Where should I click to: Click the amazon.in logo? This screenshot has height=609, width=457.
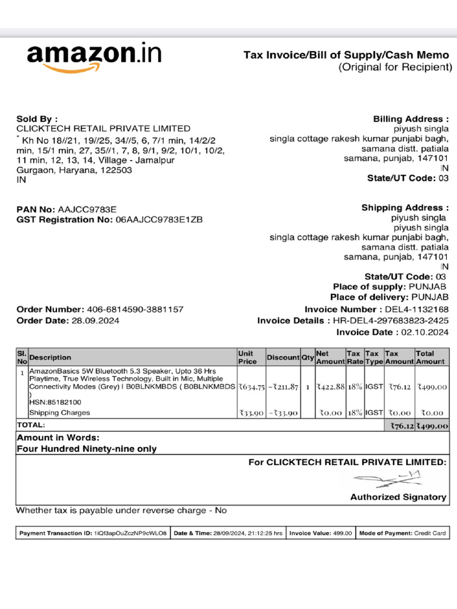pyautogui.click(x=94, y=56)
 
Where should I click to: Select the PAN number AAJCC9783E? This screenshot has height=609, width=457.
pyautogui.click(x=87, y=210)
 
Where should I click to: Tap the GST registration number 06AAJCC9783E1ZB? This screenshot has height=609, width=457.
pyautogui.click(x=159, y=219)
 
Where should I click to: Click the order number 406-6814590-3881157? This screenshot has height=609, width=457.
pyautogui.click(x=135, y=310)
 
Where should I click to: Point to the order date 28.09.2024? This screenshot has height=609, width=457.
pyautogui.click(x=95, y=321)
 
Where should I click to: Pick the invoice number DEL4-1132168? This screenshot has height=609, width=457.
pyautogui.click(x=417, y=310)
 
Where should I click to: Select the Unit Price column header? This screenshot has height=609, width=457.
pyautogui.click(x=248, y=357)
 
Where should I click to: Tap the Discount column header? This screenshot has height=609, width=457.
pyautogui.click(x=283, y=357)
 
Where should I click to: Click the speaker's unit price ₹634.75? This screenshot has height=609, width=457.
pyautogui.click(x=251, y=387)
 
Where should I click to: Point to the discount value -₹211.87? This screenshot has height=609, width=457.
pyautogui.click(x=283, y=387)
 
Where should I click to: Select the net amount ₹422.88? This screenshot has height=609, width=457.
pyautogui.click(x=330, y=387)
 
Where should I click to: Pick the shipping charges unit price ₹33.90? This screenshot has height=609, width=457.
pyautogui.click(x=251, y=413)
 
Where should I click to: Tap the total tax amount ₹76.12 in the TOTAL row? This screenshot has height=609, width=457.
pyautogui.click(x=401, y=426)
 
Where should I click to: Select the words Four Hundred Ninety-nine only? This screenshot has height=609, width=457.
pyautogui.click(x=87, y=449)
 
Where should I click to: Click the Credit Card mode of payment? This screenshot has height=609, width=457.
pyautogui.click(x=430, y=533)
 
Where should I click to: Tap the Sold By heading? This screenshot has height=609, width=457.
pyautogui.click(x=37, y=119)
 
